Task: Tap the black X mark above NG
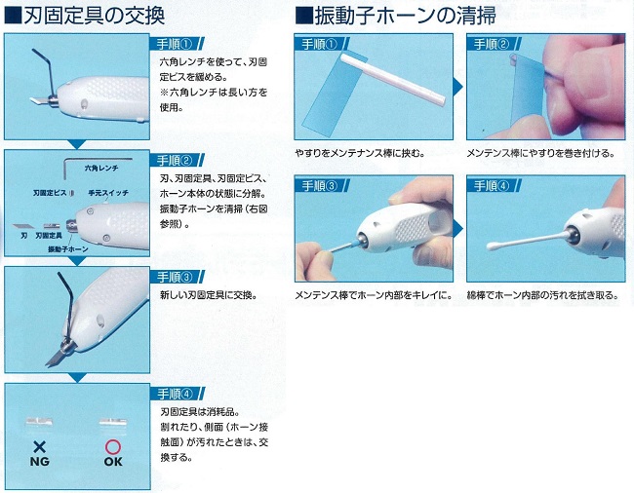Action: tap(39, 447)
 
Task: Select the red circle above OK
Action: tap(113, 447)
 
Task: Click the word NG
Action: tap(40, 461)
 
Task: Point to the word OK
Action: tap(113, 461)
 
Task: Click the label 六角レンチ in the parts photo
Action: tap(101, 168)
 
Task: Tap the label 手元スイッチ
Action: tap(108, 193)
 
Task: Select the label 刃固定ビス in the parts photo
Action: tap(50, 193)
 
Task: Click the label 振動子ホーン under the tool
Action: tap(68, 249)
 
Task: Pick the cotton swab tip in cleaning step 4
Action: tap(493, 246)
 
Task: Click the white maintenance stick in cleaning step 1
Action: tap(393, 79)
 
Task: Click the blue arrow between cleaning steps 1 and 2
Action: tap(459, 86)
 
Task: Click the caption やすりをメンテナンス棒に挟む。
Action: tap(360, 153)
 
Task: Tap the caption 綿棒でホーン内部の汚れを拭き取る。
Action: tap(543, 295)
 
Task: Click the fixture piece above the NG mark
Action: tap(39, 422)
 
